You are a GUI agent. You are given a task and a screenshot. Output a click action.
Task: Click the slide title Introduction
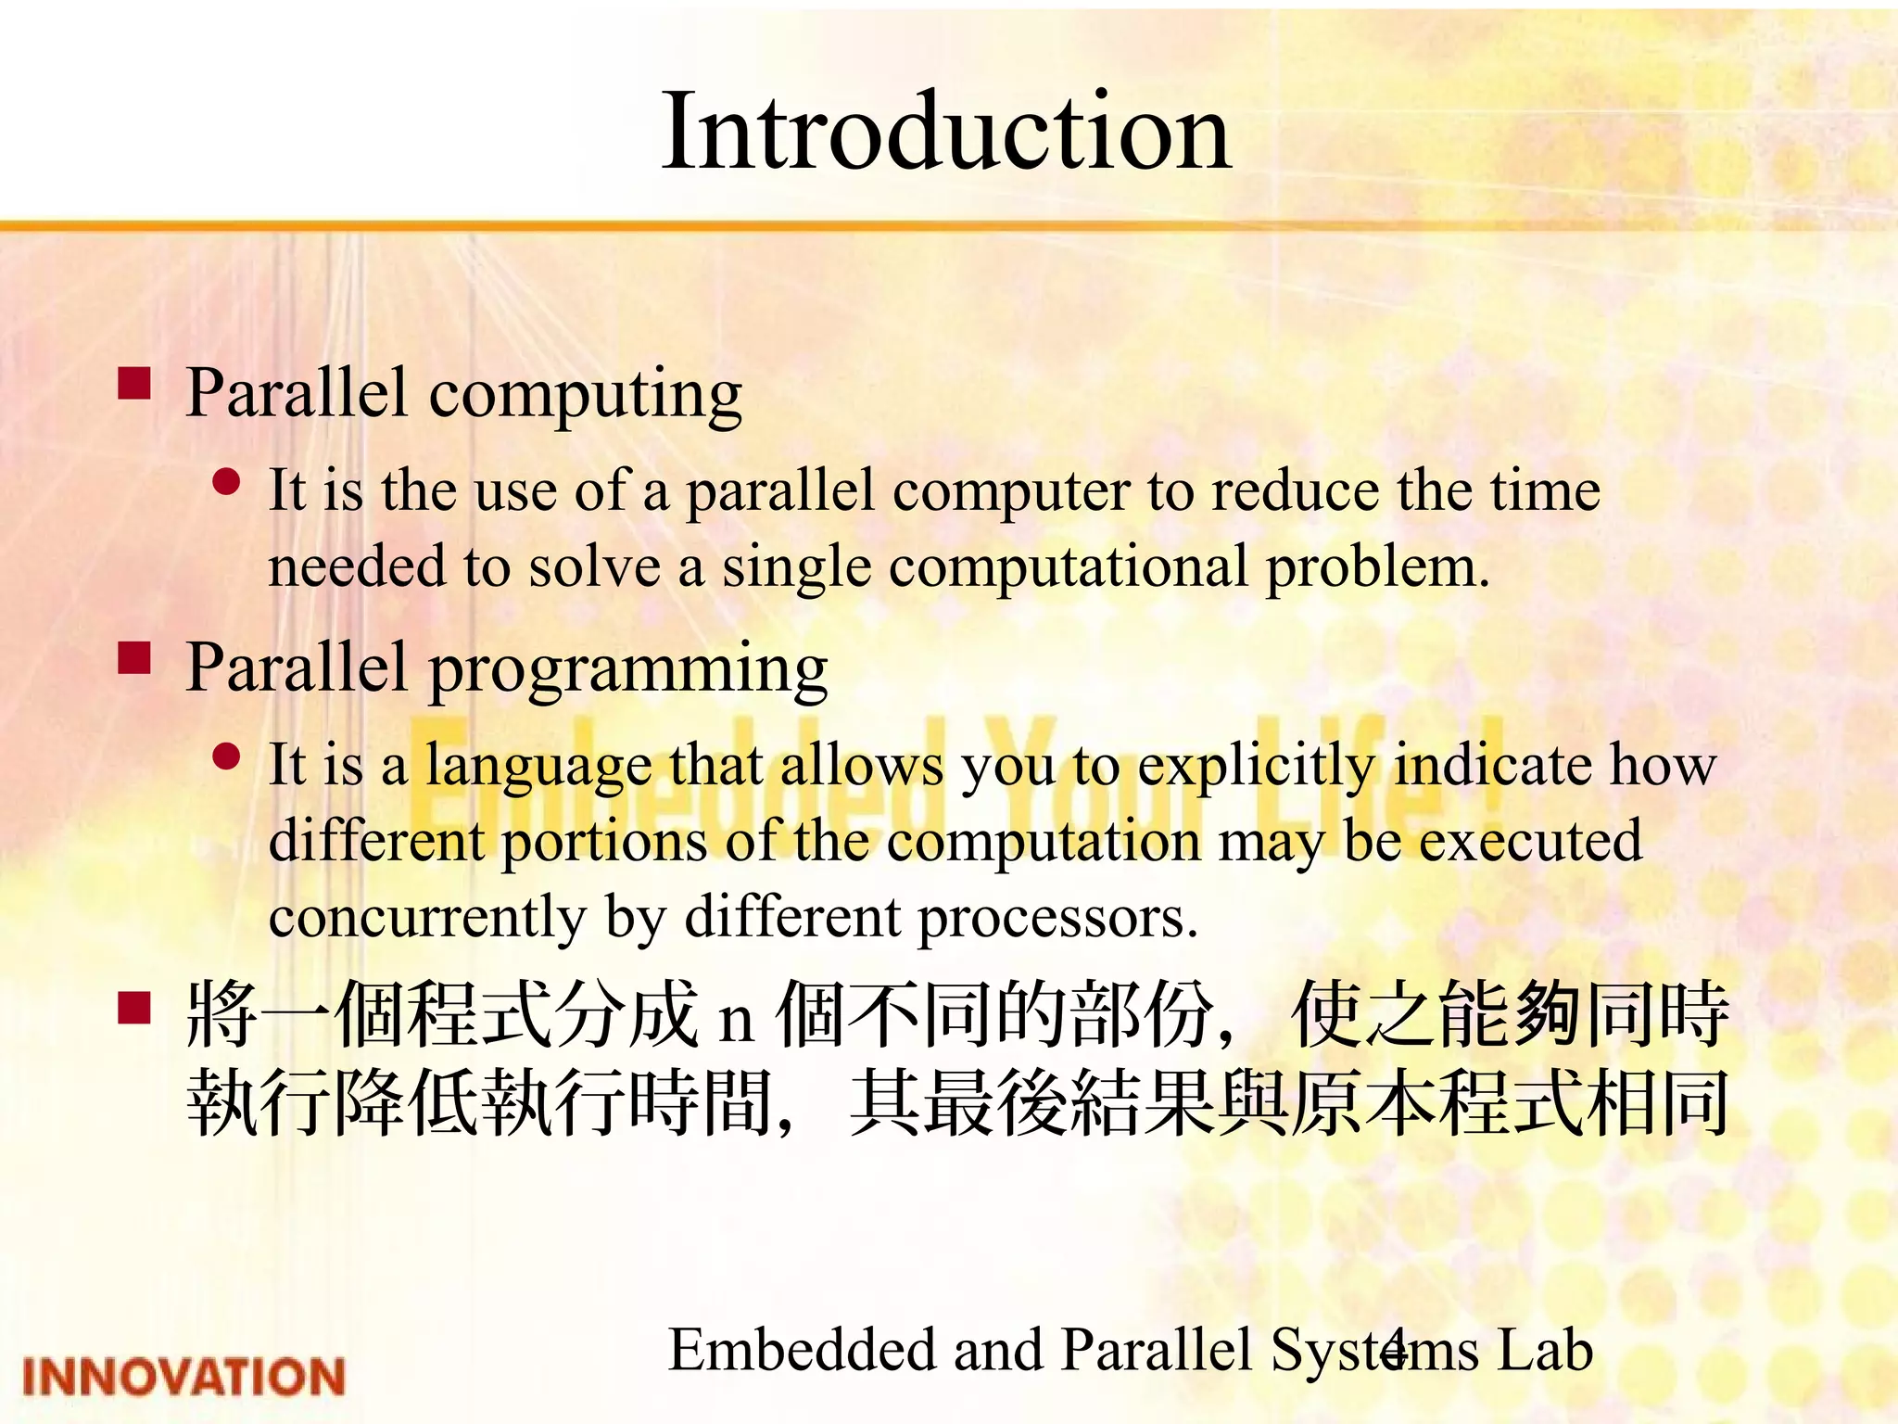946,132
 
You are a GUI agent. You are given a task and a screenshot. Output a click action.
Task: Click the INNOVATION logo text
183,1376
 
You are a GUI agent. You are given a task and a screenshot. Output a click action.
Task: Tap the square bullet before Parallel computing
134,383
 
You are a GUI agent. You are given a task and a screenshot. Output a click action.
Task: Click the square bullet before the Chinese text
134,1007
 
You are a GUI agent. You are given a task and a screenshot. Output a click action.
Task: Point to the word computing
585,394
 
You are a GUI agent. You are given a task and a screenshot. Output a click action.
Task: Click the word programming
627,669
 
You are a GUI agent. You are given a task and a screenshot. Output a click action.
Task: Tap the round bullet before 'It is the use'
226,481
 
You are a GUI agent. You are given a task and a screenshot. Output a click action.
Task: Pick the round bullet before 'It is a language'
226,757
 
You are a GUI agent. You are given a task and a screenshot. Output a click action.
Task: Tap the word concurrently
427,918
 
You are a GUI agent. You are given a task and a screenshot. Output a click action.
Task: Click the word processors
1057,918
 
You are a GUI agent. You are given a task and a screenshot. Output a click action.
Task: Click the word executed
1530,841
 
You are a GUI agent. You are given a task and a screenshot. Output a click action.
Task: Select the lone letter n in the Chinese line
736,1022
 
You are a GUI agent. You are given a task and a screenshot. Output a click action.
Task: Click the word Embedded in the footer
802,1350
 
